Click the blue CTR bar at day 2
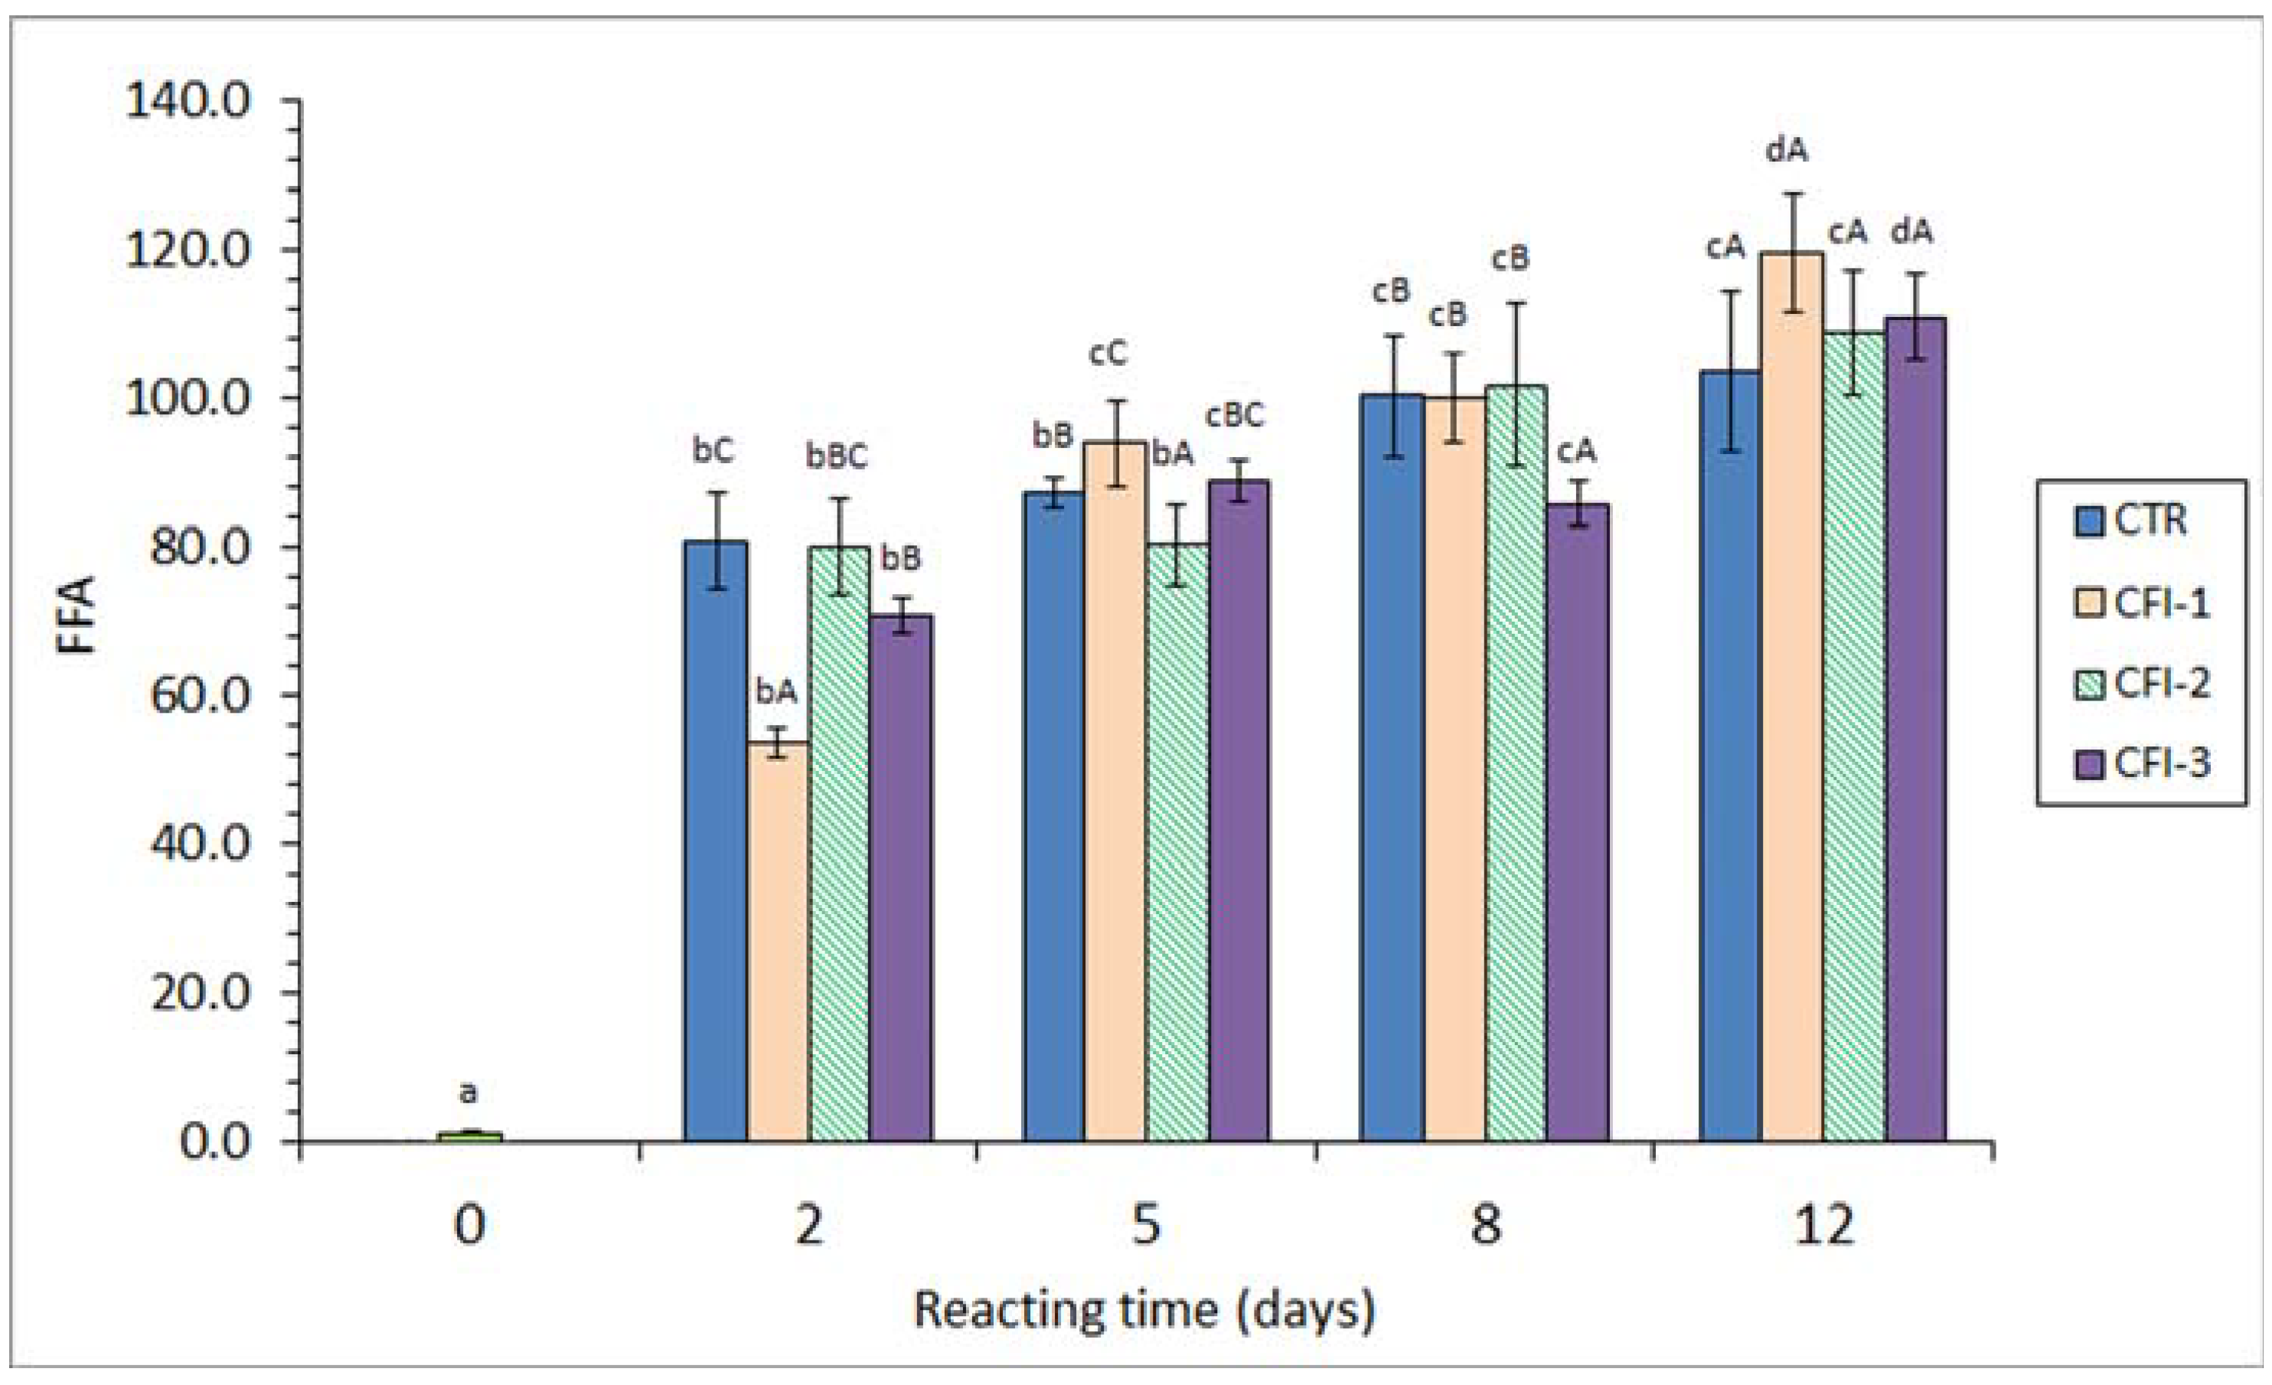coord(715,839)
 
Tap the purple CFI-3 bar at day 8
coord(1578,821)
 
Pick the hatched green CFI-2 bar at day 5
coord(1177,839)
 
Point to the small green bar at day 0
coord(469,1136)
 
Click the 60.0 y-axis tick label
coord(199,695)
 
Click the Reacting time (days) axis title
coord(1144,1310)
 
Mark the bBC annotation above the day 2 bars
coord(837,456)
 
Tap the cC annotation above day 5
coord(1108,353)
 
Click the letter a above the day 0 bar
coord(468,1093)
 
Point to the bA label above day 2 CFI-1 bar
coord(775,691)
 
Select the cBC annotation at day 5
coord(1235,416)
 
